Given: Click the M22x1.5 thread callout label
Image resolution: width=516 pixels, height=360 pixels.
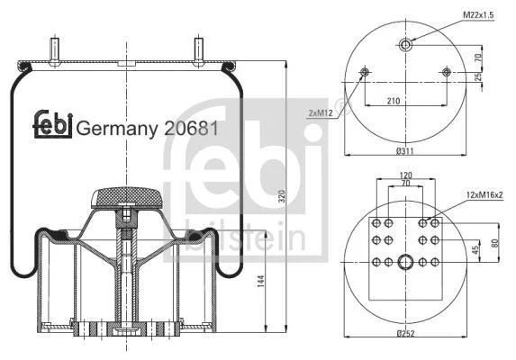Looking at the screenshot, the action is coord(478,15).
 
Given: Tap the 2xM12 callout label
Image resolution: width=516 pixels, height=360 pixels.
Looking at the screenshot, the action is coord(321,113).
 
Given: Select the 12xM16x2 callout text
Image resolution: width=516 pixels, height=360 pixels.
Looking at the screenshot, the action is coord(484,195).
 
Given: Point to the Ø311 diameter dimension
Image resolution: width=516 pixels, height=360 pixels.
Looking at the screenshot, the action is coord(405,151).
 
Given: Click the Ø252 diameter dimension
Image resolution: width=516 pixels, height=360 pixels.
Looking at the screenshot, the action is coord(406,334).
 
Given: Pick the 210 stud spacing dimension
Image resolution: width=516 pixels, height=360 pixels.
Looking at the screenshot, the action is coord(394,101).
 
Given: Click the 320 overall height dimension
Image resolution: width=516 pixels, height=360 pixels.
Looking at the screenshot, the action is coord(282,196).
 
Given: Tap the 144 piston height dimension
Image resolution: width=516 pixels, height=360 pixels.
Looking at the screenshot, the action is coord(260,282).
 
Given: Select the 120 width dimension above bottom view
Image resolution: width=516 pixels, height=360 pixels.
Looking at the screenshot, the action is coord(405,175).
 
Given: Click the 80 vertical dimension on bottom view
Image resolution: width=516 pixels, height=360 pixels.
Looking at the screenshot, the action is coord(494,243).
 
